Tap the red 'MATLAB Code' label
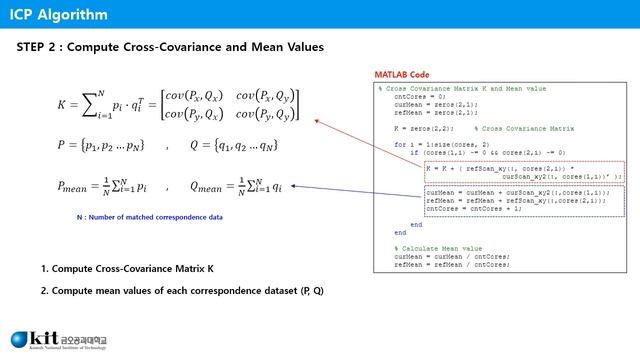[x=401, y=75]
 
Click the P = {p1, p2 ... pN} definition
[x=101, y=146]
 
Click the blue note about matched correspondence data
[x=136, y=216]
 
